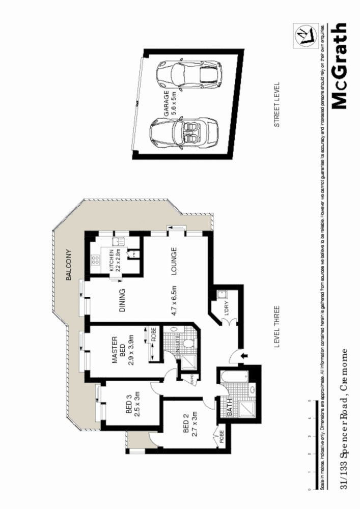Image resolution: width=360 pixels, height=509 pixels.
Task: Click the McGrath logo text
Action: click(340, 66)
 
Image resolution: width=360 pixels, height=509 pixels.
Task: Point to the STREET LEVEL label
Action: click(278, 104)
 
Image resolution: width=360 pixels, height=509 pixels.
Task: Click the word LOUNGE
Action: click(174, 261)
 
